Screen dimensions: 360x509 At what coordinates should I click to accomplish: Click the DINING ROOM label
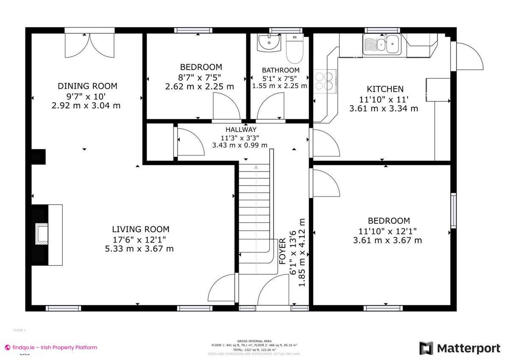pyautogui.click(x=87, y=86)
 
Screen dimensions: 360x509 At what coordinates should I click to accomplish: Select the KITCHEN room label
pyautogui.click(x=385, y=89)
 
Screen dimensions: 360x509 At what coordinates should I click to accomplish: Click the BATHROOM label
pyautogui.click(x=280, y=70)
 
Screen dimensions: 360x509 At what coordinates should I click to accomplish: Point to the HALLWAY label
pyautogui.click(x=241, y=129)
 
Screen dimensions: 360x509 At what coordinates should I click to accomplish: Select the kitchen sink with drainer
pyautogui.click(x=381, y=44)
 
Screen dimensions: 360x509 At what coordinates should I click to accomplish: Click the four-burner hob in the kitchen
pyautogui.click(x=325, y=81)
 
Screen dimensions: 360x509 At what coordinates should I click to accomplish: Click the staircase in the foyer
pyautogui.click(x=255, y=212)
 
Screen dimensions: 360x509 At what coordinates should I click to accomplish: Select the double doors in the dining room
pyautogui.click(x=89, y=45)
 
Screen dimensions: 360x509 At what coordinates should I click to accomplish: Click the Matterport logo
pyautogui.click(x=460, y=349)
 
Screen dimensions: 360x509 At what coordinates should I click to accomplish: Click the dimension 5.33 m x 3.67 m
pyautogui.click(x=139, y=249)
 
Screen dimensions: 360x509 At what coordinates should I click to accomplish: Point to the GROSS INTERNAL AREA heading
pyautogui.click(x=254, y=341)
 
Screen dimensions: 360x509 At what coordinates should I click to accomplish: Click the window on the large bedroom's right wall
pyautogui.click(x=453, y=210)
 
